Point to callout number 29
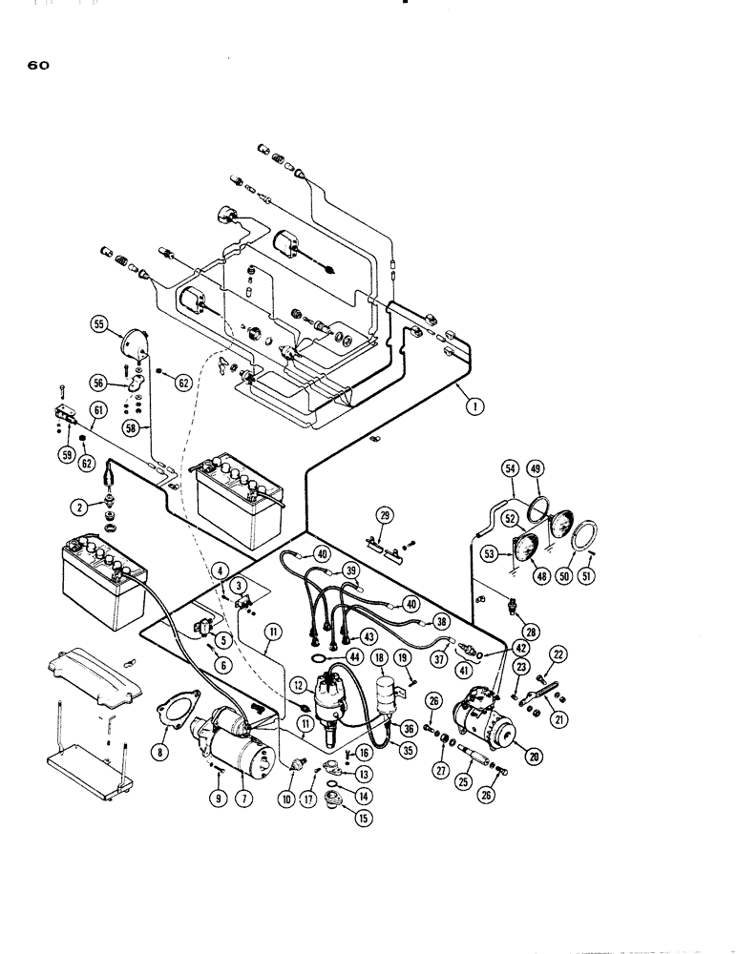pos(385,516)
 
